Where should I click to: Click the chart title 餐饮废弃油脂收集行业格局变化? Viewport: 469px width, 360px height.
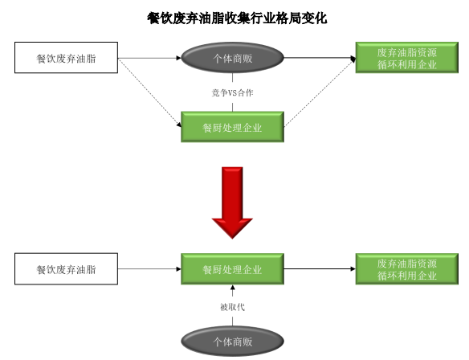click(x=237, y=18)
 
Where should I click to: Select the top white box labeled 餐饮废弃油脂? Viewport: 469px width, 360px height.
click(x=66, y=58)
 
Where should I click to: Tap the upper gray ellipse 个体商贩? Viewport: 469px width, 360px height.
click(x=232, y=58)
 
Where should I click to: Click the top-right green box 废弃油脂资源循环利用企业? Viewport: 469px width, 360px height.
click(x=407, y=58)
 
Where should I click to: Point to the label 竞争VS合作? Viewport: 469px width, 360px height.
click(x=232, y=92)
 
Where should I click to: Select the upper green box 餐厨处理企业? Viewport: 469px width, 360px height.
click(x=232, y=127)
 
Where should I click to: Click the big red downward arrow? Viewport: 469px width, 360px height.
click(x=232, y=202)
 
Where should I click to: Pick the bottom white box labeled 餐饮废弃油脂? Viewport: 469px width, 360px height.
click(x=66, y=268)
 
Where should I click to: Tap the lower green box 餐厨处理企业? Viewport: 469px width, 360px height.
click(x=232, y=268)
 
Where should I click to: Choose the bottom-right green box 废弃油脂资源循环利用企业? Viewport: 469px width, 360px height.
click(x=407, y=268)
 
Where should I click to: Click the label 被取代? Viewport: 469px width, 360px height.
click(x=232, y=307)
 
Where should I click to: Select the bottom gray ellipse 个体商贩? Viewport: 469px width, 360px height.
click(x=232, y=342)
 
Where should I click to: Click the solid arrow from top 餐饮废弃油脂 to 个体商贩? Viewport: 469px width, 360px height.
click(x=149, y=58)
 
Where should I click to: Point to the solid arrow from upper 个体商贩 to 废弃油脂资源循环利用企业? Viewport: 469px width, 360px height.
click(x=320, y=58)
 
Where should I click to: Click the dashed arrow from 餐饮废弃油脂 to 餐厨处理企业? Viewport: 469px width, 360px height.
click(x=150, y=93)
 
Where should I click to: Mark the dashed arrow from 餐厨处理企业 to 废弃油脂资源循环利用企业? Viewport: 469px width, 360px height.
click(x=320, y=92)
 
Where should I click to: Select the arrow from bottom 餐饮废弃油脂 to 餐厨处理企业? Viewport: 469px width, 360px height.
click(x=149, y=268)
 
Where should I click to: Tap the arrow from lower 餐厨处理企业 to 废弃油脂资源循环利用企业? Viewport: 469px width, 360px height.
click(x=320, y=268)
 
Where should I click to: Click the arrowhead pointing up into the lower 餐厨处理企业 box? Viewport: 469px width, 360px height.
click(x=232, y=288)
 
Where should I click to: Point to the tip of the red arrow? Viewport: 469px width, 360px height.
click(x=232, y=239)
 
